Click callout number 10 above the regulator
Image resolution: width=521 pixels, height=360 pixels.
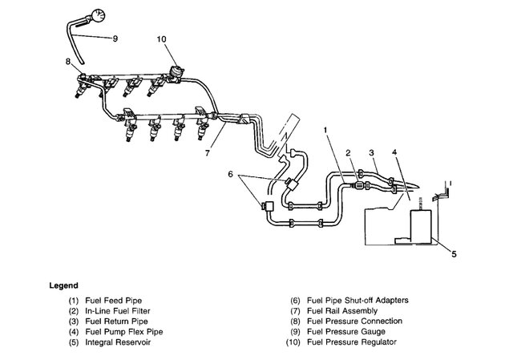point(161,38)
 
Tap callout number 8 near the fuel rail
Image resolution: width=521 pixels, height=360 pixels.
point(68,61)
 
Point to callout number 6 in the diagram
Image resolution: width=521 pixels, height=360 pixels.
point(231,173)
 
